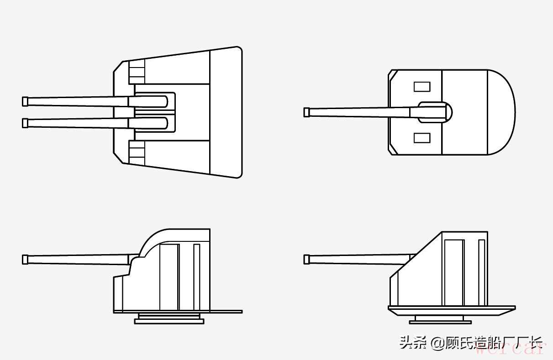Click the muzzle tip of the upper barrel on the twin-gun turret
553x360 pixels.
tap(25, 101)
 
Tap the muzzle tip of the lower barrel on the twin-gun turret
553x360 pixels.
tap(25, 123)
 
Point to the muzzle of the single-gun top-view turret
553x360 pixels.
tap(307, 112)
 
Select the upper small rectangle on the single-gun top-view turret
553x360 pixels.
tap(421, 86)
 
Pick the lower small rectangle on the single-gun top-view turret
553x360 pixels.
tap(421, 137)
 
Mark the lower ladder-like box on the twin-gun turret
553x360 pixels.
tap(137, 152)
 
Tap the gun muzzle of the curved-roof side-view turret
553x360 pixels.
tap(25, 259)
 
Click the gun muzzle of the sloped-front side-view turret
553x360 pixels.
tap(307, 259)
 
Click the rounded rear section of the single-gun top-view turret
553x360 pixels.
tap(501, 112)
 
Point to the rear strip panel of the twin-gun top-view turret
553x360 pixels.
tap(225, 112)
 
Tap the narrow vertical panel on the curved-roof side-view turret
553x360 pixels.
tap(196, 277)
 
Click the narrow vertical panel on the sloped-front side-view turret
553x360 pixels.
tap(481, 272)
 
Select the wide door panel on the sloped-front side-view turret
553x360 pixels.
tap(453, 272)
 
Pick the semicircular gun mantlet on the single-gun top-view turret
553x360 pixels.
tap(448, 112)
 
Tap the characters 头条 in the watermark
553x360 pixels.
tap(414, 342)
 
